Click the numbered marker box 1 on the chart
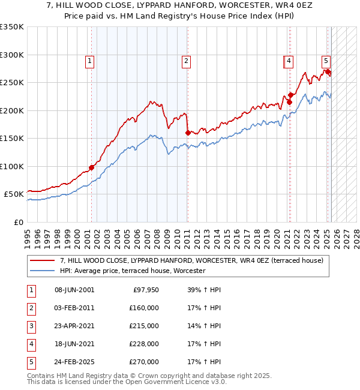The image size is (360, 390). pyautogui.click(x=89, y=61)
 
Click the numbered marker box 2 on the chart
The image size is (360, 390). pyautogui.click(x=187, y=61)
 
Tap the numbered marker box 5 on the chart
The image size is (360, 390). pyautogui.click(x=326, y=61)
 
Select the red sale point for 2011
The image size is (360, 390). pyautogui.click(x=188, y=133)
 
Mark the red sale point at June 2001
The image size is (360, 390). pyautogui.click(x=92, y=167)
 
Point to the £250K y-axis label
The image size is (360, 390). pyautogui.click(x=12, y=83)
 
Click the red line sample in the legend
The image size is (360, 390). pyautogui.click(x=42, y=260)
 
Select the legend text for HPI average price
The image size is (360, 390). pyautogui.click(x=133, y=271)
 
